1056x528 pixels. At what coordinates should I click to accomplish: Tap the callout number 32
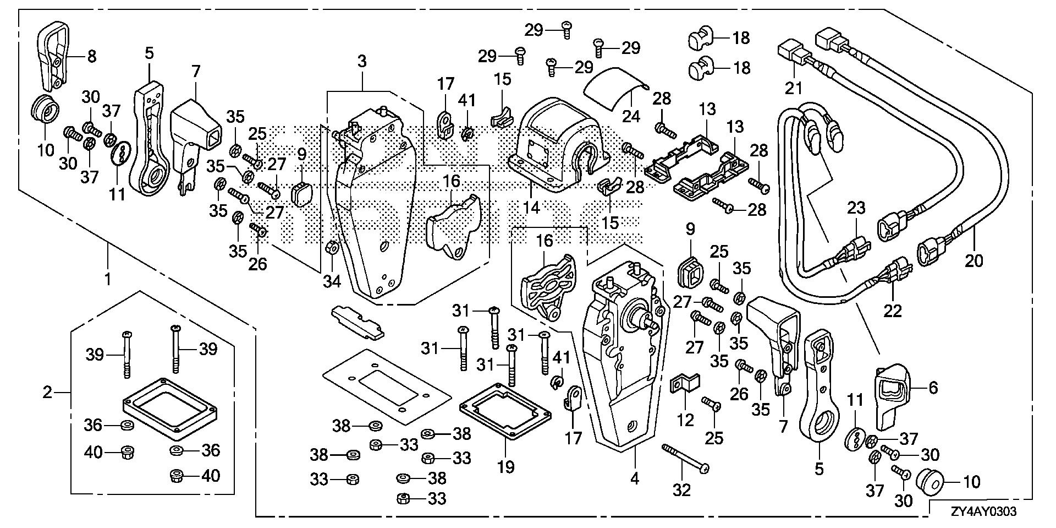tap(681, 489)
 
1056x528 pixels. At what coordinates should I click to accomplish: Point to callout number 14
tap(532, 208)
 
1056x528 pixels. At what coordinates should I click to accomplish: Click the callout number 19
tap(505, 467)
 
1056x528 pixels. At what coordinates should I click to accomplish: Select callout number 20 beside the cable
tap(974, 259)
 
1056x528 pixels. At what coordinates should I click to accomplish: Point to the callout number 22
tap(893, 311)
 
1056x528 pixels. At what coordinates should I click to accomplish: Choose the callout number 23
tap(856, 208)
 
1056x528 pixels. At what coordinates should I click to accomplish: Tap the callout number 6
tap(933, 388)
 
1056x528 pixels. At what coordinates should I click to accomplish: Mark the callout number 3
tap(361, 61)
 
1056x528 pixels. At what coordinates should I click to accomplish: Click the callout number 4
tap(635, 478)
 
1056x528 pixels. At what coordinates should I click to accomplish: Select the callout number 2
tap(47, 393)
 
